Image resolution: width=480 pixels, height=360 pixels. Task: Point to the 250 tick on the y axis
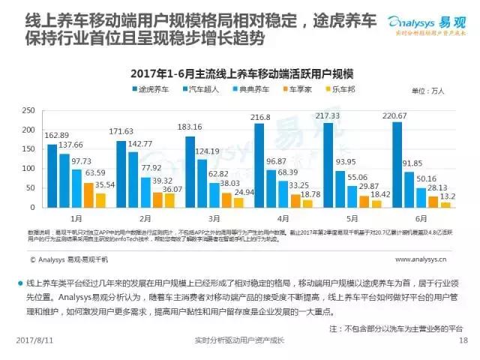28,109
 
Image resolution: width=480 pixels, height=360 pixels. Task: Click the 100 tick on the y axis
28,167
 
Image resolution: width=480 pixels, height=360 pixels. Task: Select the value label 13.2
448,195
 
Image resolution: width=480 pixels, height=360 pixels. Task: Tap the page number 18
463,340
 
